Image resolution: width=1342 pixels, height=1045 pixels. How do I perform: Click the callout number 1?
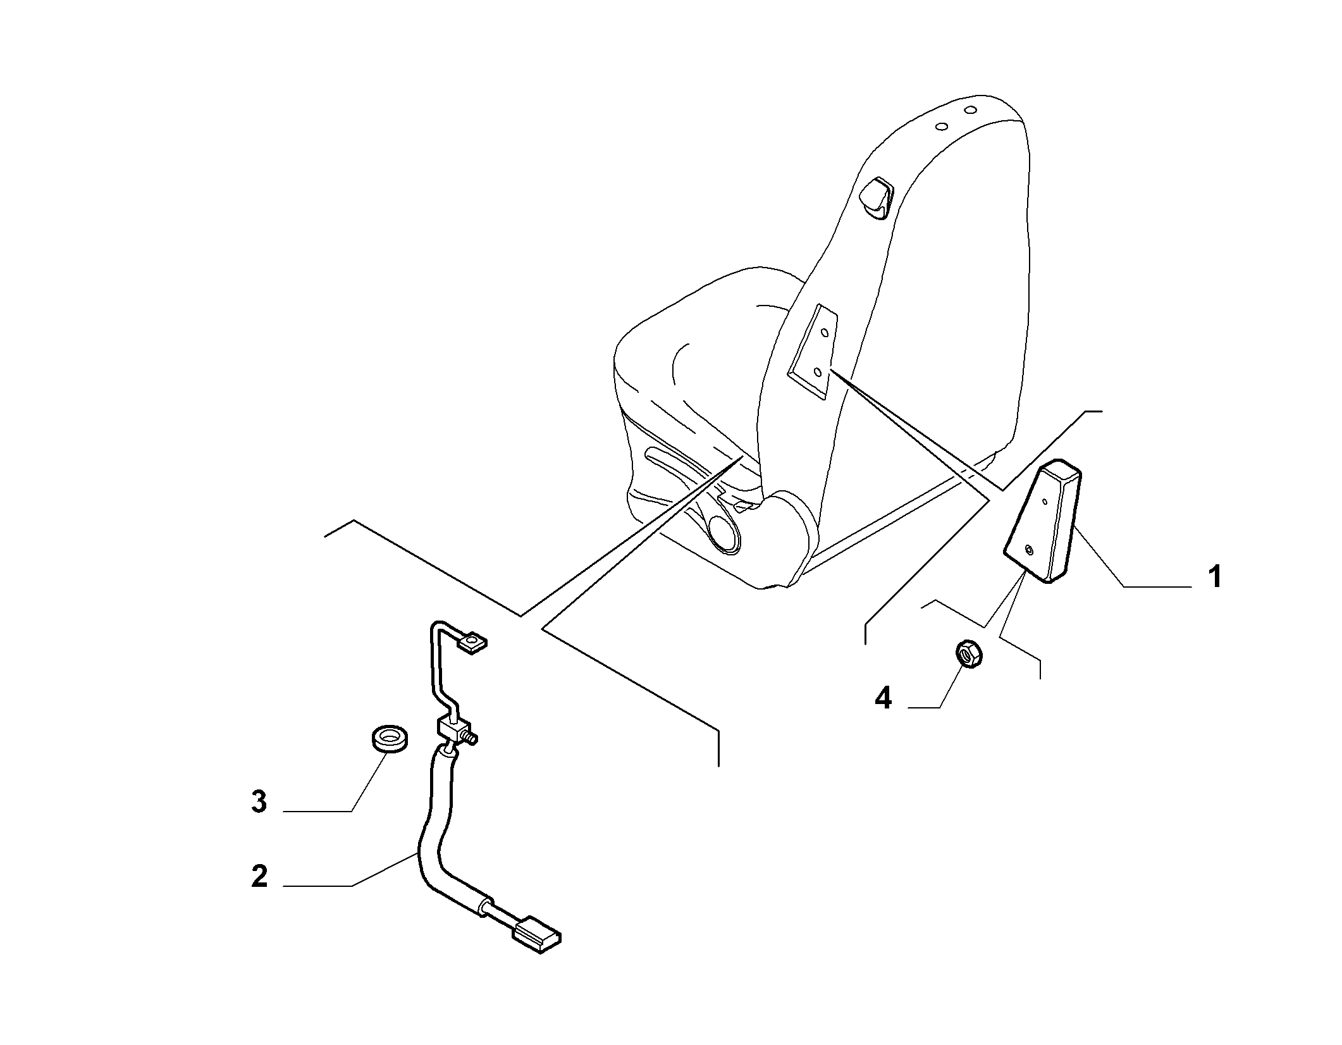[x=1214, y=578]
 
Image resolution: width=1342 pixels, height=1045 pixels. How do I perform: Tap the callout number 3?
[x=259, y=802]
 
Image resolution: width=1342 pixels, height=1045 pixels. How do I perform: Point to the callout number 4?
[x=883, y=698]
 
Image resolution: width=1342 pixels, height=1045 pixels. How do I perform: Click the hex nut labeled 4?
[x=968, y=653]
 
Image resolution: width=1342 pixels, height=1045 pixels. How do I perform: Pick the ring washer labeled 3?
[x=388, y=739]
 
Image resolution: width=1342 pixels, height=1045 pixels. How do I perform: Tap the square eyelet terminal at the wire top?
[x=472, y=644]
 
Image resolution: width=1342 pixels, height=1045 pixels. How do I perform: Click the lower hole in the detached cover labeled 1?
[x=1028, y=550]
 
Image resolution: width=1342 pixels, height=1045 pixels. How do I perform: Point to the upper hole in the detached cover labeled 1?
[x=1044, y=502]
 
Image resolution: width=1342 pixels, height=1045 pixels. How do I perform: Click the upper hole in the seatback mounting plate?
[x=823, y=333]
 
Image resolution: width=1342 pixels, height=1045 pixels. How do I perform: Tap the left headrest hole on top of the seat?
[x=941, y=127]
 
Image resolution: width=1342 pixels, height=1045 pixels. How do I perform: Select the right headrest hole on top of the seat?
[x=971, y=111]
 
